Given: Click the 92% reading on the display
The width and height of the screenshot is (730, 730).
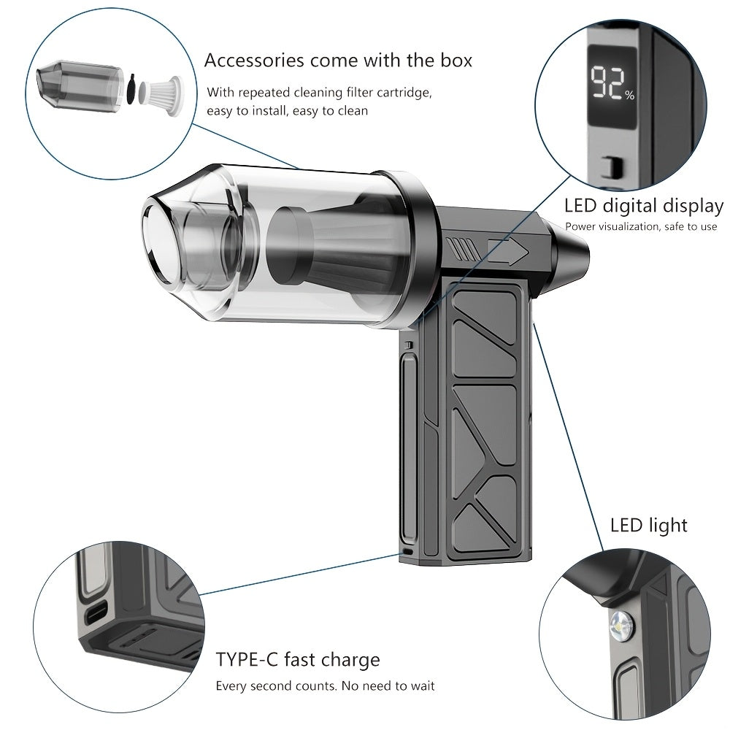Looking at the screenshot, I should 612,84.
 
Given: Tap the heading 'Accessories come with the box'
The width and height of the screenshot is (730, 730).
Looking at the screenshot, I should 338,60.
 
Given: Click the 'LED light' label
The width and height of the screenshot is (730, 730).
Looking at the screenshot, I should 648,525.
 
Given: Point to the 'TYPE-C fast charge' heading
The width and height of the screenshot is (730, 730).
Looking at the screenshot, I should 298,660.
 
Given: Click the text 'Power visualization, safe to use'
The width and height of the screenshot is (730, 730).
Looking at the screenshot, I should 641,226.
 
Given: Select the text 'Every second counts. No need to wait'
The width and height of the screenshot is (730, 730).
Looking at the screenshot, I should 325,686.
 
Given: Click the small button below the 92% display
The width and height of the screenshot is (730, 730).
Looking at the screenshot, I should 608,168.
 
